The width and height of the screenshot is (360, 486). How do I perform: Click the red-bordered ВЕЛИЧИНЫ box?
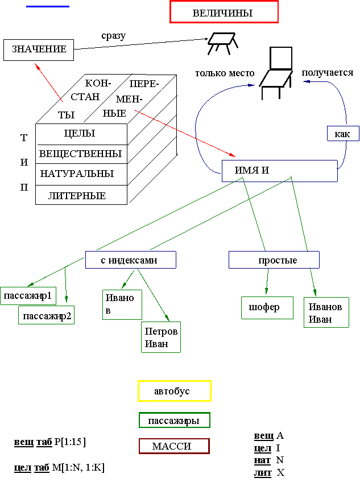224,13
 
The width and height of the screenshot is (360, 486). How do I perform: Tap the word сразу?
116,36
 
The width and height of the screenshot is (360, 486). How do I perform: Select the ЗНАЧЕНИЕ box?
39,50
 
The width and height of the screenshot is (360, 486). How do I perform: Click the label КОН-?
98,83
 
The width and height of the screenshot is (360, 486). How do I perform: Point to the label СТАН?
85,96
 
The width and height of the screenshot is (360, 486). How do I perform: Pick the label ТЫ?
67,115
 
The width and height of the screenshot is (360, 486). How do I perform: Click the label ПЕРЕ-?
144,84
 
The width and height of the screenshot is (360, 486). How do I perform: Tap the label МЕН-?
129,99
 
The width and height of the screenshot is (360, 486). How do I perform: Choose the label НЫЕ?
114,113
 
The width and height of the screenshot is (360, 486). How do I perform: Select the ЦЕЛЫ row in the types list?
80,134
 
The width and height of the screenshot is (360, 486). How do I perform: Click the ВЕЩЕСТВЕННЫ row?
80,154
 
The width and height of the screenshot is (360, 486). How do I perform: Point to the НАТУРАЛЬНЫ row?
77,174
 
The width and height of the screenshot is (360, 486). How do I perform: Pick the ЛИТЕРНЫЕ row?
77,196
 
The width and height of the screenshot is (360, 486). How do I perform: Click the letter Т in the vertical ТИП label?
24,138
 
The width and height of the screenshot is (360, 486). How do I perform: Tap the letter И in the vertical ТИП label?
24,162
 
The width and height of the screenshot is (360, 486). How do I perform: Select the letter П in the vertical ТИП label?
24,187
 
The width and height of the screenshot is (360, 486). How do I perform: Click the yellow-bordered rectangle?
175,391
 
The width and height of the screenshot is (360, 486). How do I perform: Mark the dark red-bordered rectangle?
174,446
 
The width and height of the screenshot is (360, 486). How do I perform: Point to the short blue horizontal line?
48,7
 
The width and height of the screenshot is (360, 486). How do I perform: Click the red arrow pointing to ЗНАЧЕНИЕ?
49,83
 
